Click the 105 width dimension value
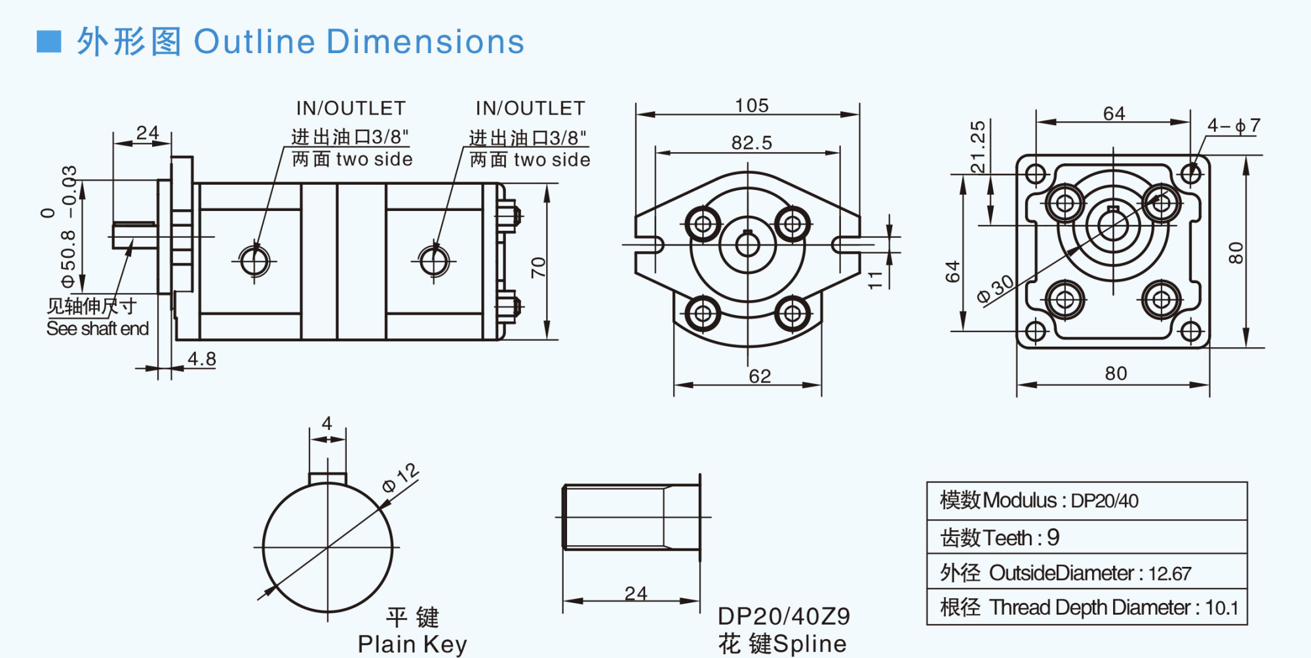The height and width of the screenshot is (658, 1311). click(751, 106)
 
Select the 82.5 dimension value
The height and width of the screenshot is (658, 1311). click(751, 143)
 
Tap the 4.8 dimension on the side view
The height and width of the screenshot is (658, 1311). click(201, 359)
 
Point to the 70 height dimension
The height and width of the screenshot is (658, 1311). click(538, 267)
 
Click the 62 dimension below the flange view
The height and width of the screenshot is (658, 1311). click(760, 376)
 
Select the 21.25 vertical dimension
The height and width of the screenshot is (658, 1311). click(977, 147)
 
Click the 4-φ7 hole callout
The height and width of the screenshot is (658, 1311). click(1233, 126)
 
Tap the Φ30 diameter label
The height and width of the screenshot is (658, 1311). click(995, 289)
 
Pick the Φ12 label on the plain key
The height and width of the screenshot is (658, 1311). click(401, 478)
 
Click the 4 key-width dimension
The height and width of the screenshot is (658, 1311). click(327, 423)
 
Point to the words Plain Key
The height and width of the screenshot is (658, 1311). click(412, 644)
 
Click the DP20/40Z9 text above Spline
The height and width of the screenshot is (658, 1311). click(783, 616)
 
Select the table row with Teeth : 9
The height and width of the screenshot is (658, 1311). click(1086, 537)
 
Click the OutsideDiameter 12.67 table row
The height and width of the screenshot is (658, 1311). click(1086, 573)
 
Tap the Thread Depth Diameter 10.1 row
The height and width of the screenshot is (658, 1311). click(1086, 608)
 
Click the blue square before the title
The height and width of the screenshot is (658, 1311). click(49, 42)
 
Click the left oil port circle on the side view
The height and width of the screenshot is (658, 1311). click(254, 261)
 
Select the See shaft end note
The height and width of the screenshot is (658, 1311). click(97, 328)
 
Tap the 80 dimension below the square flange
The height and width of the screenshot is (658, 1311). click(1116, 374)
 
